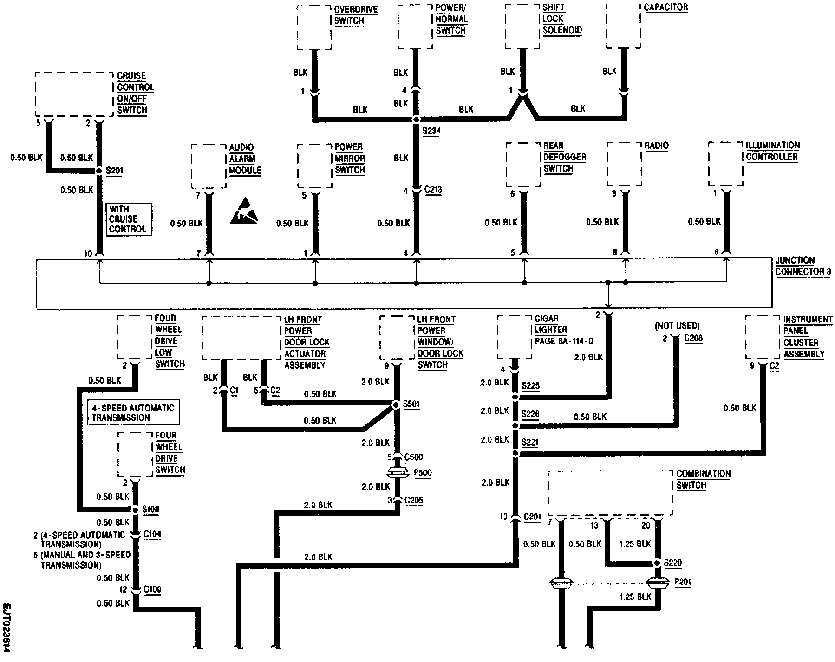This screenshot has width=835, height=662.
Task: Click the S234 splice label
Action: (431, 132)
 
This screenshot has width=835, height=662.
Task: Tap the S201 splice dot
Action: (98, 171)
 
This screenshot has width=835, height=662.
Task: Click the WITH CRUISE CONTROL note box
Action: (129, 219)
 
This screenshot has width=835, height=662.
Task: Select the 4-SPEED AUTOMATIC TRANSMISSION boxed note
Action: (133, 413)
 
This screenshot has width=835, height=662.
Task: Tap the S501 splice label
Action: (411, 404)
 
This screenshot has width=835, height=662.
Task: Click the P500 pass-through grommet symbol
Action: (397, 473)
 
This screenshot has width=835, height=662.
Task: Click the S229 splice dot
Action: (658, 563)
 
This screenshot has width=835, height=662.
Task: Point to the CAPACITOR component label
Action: (665, 8)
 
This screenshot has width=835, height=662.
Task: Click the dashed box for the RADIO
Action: (624, 164)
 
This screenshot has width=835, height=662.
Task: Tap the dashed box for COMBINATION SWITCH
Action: (610, 493)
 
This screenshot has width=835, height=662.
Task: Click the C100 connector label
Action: (152, 589)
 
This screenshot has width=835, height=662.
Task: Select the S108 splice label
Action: (150, 509)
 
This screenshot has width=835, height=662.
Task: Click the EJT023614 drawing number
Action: (7, 627)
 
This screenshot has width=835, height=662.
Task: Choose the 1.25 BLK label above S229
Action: (635, 543)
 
